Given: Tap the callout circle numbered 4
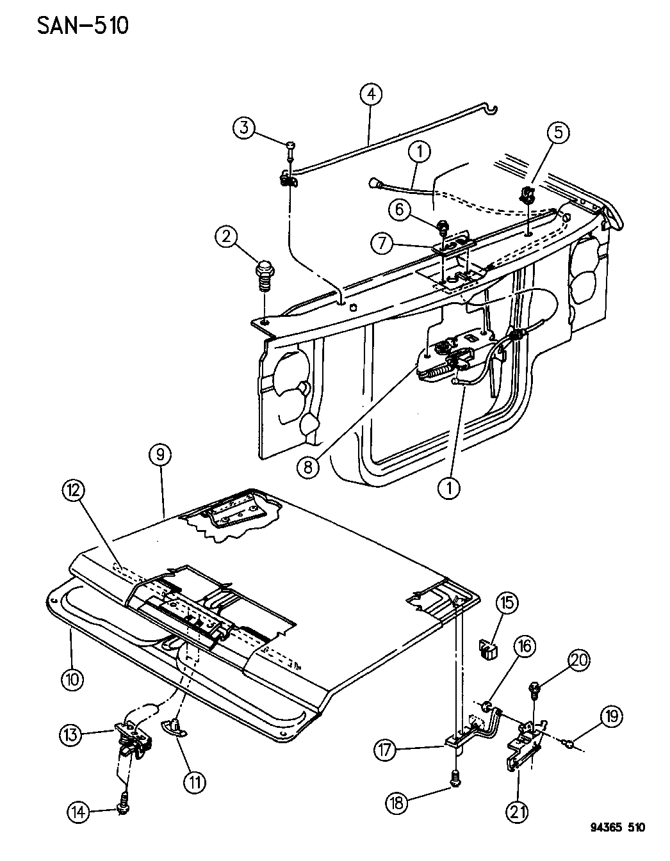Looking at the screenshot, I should click(x=371, y=95).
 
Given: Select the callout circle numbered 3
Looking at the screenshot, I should click(x=244, y=127).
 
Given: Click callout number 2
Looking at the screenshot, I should click(x=225, y=238).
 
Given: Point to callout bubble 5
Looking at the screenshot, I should click(x=559, y=133).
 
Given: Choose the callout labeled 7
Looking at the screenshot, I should click(x=382, y=244).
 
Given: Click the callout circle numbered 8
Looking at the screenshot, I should click(x=308, y=468).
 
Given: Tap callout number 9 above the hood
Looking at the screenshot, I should click(x=159, y=455).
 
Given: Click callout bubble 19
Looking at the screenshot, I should click(x=612, y=716).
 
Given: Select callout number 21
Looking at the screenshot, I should click(x=518, y=812).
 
